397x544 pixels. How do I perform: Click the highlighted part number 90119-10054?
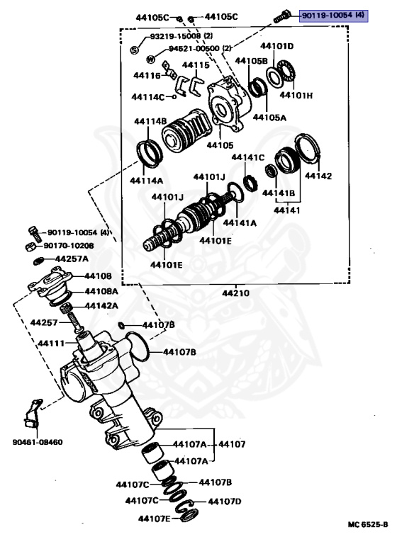click(332, 15)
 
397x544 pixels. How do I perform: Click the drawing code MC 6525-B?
click(367, 524)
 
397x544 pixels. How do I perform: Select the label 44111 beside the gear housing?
click(51, 344)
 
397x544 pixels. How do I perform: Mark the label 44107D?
click(225, 501)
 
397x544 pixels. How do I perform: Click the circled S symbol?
click(135, 49)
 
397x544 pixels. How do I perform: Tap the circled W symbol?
click(150, 60)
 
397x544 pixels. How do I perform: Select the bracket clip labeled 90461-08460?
click(33, 415)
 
